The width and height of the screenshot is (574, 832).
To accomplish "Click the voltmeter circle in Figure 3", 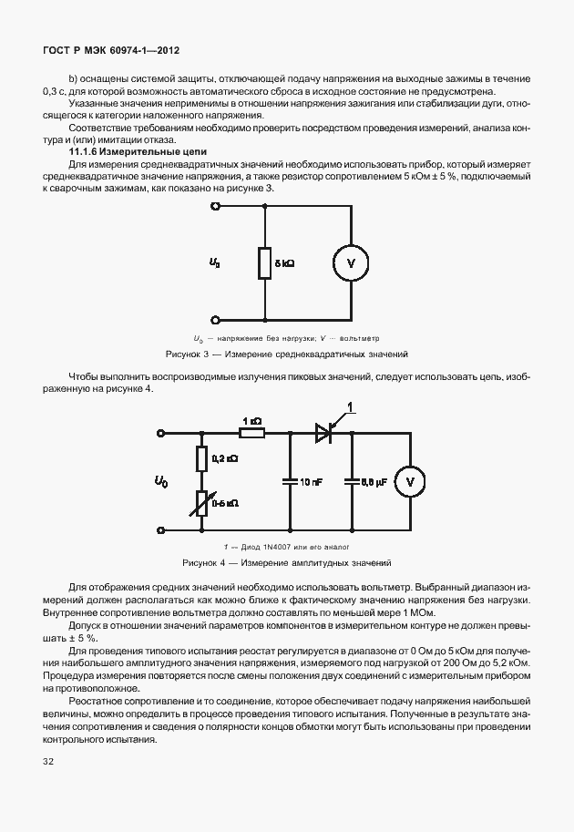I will point(351,263).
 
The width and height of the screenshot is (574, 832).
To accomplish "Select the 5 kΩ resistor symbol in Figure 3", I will point(264,263).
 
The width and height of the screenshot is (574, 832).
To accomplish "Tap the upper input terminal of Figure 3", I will point(216,207).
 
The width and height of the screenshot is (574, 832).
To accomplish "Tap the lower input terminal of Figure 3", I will point(216,320).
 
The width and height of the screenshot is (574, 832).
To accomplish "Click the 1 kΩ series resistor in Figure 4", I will point(252,433).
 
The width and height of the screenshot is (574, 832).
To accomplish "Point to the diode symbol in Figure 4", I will point(323,433).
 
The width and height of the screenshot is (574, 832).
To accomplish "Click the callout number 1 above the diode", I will point(351,407).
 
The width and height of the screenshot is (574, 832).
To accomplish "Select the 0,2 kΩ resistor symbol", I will point(200,458).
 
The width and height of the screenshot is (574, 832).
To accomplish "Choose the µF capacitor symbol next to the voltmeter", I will point(351,480).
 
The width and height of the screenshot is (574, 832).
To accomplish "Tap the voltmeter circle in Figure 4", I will point(410,480).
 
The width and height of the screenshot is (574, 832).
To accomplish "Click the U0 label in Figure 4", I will point(162,480).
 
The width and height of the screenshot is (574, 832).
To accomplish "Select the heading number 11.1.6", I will point(86,151).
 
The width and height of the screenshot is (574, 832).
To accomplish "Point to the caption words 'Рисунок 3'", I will point(187,353).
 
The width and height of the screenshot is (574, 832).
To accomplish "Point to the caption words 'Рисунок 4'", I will point(204,563).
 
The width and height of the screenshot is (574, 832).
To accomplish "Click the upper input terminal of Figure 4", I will point(162,433).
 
